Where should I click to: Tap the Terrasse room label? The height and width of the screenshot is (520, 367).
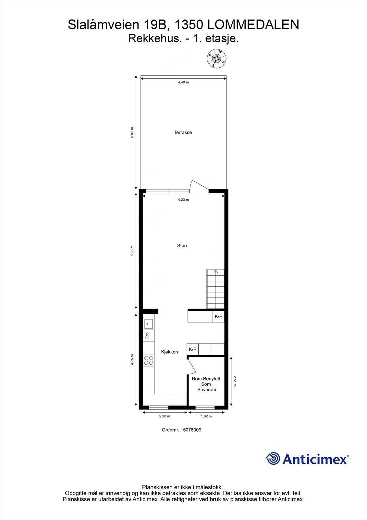point(183,132)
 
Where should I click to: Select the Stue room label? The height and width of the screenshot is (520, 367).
point(182,246)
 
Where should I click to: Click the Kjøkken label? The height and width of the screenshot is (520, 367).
point(169,352)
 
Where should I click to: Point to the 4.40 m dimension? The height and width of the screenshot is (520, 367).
point(183,82)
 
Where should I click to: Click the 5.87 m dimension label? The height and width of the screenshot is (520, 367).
point(132,133)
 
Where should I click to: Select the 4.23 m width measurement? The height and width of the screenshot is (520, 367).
point(183,200)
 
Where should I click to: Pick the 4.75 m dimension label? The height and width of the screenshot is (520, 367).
point(132,360)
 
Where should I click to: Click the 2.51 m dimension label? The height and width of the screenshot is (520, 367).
point(235,381)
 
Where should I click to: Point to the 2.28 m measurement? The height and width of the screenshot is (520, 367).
point(165,416)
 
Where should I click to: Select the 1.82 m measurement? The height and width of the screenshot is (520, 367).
point(206,416)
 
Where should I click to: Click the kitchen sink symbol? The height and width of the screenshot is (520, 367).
point(148,323)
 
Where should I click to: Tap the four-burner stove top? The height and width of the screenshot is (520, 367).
point(149,360)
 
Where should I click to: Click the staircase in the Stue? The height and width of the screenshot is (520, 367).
point(215,289)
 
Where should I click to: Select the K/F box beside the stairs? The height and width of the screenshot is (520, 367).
point(218,316)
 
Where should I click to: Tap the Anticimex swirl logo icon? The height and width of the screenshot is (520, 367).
point(272,459)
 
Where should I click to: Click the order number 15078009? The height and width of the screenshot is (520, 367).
point(181,430)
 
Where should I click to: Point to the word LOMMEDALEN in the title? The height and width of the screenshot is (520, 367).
point(253,25)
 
